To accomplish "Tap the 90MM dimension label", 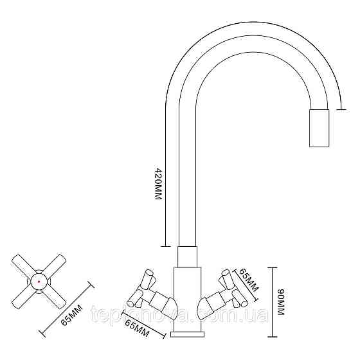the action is tap(281, 302).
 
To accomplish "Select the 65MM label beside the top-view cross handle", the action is tap(71, 315).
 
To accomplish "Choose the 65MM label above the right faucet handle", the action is tap(249, 280).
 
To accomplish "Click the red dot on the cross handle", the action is tap(39, 282).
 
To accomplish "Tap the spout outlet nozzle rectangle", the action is tap(319, 128).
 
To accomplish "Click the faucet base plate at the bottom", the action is tap(187, 334).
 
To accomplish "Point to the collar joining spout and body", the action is tap(187, 257).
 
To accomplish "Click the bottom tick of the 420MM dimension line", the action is tap(166, 246).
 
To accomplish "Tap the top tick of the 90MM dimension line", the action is tap(273, 267).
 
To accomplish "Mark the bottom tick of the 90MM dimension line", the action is tap(273, 337).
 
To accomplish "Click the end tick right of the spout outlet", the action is tap(341, 110).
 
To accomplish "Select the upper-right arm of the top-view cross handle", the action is tap(54, 265).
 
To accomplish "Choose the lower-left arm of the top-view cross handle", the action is tap(23, 298).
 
